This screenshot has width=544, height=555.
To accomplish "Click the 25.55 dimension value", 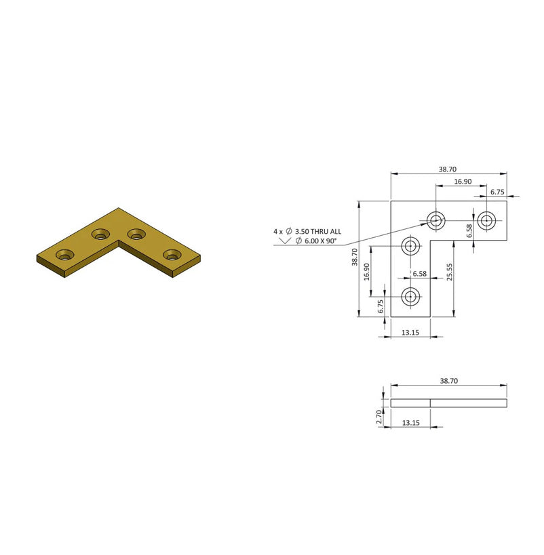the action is [x=449, y=272].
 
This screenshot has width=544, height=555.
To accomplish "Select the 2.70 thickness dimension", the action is [x=379, y=417].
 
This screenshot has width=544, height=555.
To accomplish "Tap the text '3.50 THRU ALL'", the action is [x=318, y=232].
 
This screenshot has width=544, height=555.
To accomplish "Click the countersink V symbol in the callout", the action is [x=285, y=241].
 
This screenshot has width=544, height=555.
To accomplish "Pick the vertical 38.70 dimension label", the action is [x=355, y=257].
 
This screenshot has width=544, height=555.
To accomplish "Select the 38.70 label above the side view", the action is [x=448, y=381].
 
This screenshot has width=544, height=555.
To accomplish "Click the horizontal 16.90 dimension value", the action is [x=463, y=182].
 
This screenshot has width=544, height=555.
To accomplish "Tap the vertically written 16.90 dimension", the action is [x=366, y=272].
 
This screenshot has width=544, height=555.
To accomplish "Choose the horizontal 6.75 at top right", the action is [x=497, y=192].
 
